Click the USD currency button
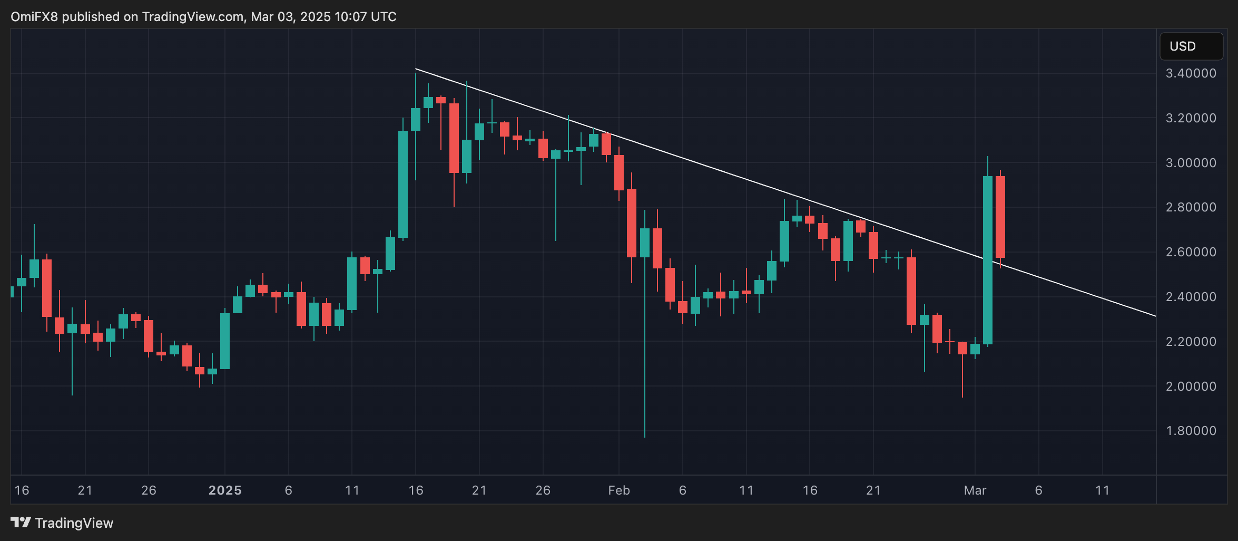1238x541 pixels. (1191, 46)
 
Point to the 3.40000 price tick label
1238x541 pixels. (1191, 73)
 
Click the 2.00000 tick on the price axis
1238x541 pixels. (1191, 387)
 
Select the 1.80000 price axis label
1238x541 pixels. (1191, 431)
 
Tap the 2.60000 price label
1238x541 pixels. (1191, 252)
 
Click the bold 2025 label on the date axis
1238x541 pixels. (225, 490)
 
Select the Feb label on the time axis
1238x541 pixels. (618, 490)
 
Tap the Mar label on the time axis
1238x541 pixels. (975, 490)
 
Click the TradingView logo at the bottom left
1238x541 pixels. (62, 523)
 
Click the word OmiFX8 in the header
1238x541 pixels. (34, 17)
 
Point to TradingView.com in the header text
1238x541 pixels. (193, 17)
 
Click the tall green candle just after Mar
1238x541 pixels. (987, 259)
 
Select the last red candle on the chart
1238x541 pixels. (1000, 217)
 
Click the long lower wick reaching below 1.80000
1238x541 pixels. (644, 369)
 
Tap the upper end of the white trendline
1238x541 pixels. (416, 69)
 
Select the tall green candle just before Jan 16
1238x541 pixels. (403, 185)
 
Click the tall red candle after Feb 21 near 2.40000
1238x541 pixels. (911, 291)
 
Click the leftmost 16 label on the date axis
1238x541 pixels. (22, 490)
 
